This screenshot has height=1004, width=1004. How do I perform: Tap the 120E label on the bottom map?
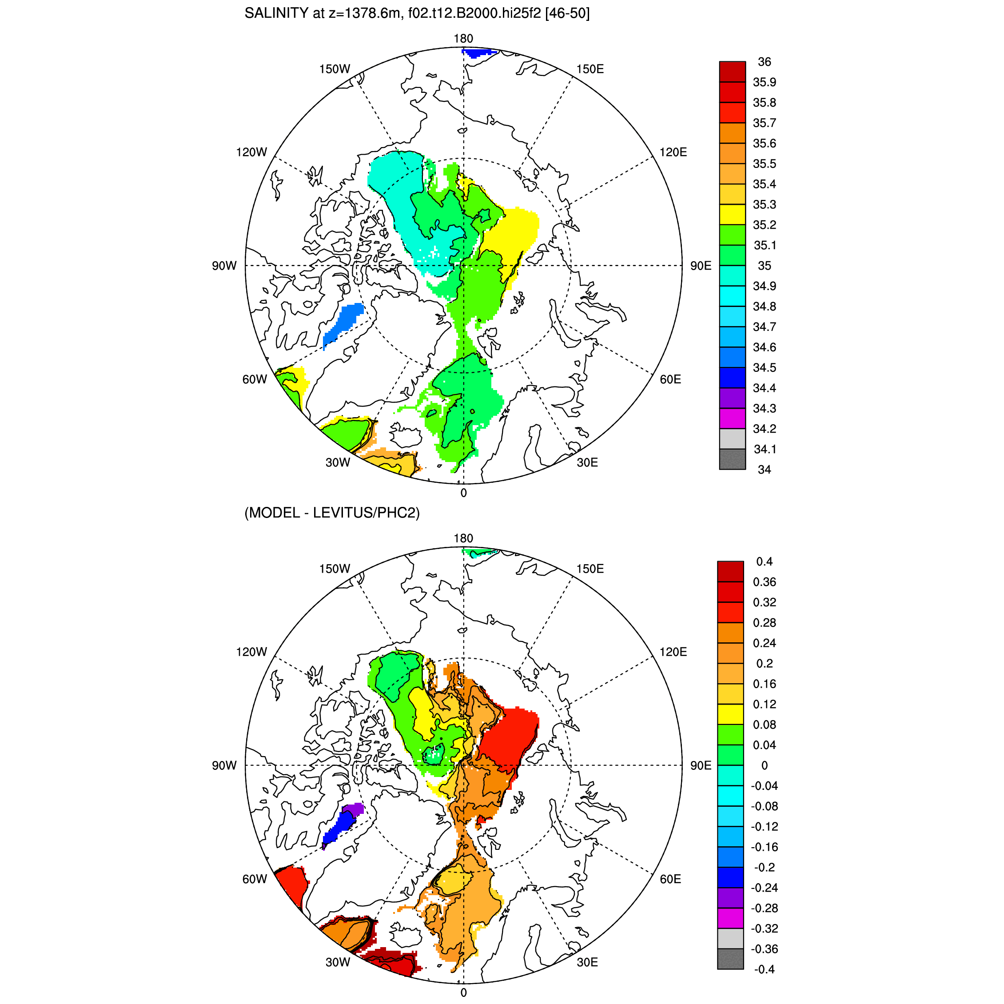673,652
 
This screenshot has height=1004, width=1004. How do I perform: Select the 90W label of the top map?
224,266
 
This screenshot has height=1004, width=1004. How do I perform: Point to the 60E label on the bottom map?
670,879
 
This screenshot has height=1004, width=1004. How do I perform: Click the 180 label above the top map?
463,39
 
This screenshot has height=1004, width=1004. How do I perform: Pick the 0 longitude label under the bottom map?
463,992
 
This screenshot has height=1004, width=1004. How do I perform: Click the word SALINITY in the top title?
276,13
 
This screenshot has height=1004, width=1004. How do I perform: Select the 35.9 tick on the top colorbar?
765,82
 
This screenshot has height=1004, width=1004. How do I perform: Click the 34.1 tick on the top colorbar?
765,449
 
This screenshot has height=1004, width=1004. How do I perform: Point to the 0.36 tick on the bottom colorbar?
765,582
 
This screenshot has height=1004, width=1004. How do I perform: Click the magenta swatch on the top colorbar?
732,418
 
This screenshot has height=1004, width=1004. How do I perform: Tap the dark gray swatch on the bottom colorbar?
730,959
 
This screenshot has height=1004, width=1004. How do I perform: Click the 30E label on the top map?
587,462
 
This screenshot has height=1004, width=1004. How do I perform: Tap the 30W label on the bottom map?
338,962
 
